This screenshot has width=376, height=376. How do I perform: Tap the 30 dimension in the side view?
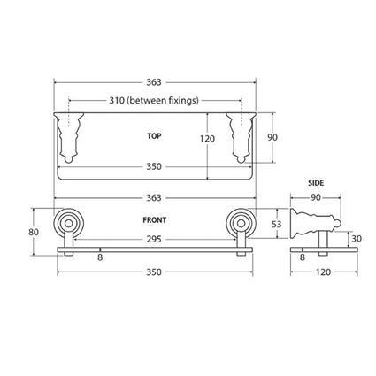(x=356, y=238)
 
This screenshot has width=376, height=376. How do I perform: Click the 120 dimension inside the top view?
(x=206, y=140)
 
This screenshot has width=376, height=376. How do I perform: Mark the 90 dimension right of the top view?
(x=273, y=137)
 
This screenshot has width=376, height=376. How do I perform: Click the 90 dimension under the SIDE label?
(x=316, y=196)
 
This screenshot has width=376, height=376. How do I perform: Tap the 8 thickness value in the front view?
(x=99, y=257)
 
